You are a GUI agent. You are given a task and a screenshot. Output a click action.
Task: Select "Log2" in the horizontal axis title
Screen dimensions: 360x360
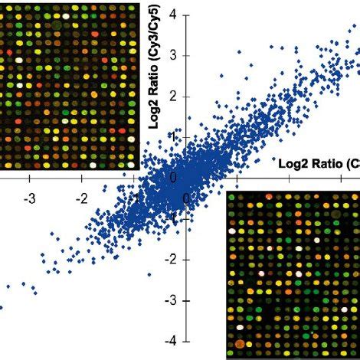(292, 164)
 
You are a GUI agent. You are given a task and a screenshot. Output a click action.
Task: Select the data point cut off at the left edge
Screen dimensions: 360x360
(2, 307)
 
